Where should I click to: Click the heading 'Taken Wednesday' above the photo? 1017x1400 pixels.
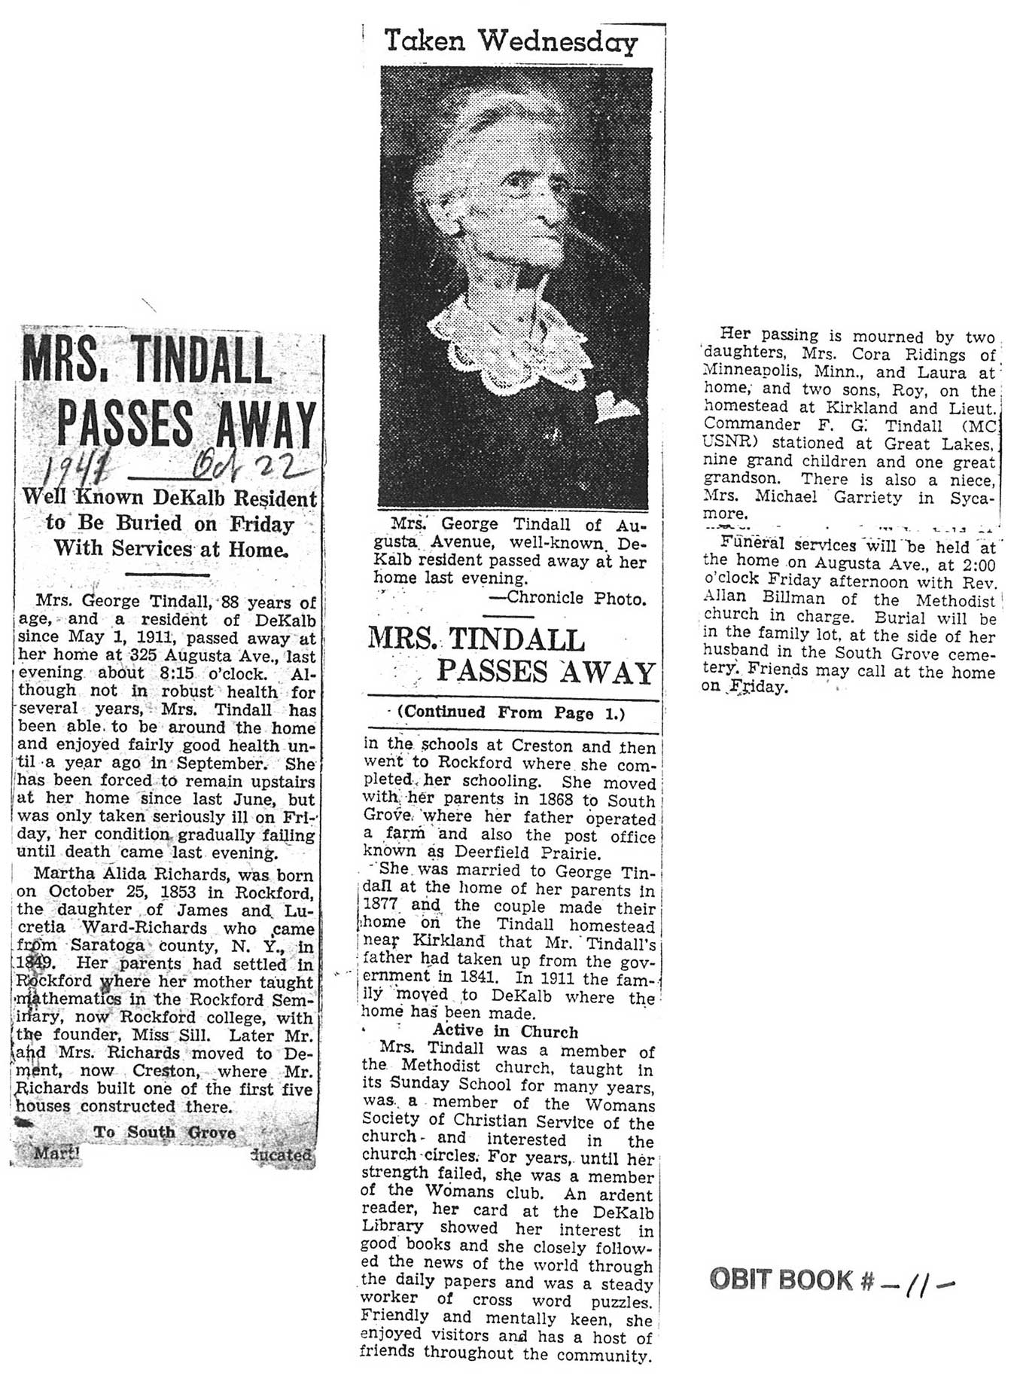510,41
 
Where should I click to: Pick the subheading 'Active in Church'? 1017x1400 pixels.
505,1032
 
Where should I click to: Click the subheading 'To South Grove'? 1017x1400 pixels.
164,1133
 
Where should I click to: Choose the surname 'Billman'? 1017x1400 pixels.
790,599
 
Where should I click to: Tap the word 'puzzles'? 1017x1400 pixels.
621,1301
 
